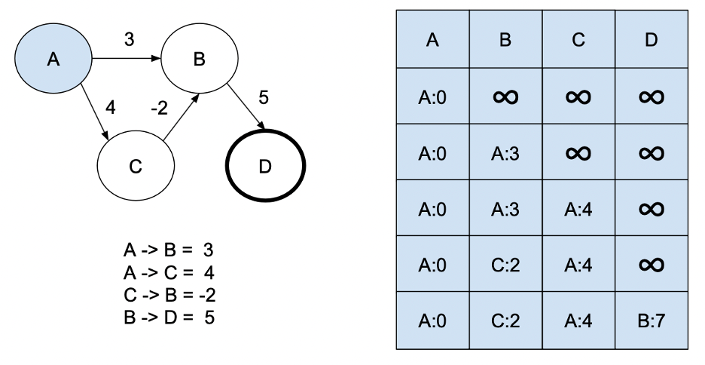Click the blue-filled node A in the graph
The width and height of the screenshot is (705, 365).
53,59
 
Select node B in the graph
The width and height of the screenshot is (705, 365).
199,60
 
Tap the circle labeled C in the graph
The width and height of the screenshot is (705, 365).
136,167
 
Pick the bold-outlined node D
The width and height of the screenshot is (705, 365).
265,167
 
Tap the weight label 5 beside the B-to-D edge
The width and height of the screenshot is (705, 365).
263,98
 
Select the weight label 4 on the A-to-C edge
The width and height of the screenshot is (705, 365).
110,108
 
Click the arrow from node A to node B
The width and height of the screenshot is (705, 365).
125,58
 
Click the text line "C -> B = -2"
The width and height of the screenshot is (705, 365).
169,295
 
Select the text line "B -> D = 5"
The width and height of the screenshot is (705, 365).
169,317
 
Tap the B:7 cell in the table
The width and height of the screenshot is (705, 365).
651,321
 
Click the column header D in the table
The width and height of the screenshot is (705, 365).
651,40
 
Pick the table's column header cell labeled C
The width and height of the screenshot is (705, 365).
578,40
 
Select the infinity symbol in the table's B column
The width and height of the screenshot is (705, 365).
505,97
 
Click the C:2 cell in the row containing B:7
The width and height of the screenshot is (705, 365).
505,321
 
